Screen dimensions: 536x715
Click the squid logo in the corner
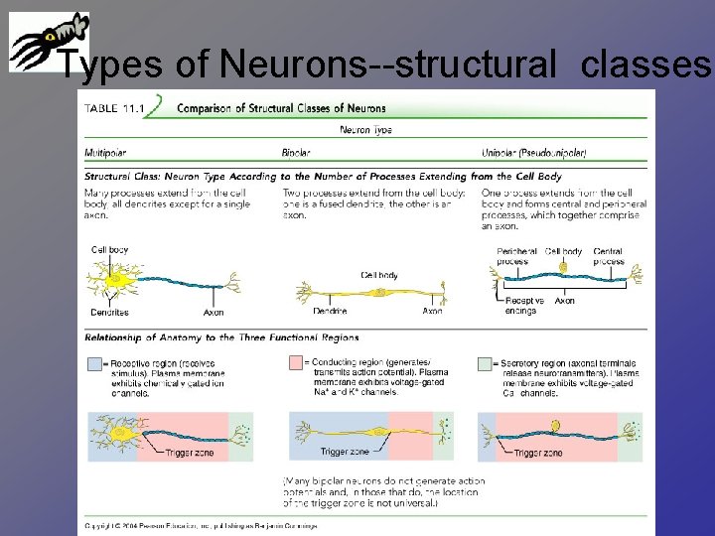47,42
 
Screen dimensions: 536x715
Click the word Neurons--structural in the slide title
389,67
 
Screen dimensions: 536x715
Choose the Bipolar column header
296,153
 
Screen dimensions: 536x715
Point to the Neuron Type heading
365,130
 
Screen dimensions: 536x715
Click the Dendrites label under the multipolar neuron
109,313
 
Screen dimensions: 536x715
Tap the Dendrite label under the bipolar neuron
330,312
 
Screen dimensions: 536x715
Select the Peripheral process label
517,256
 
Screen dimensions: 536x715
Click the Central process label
608,256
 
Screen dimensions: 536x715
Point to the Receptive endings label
524,305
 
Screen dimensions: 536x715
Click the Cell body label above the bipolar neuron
381,275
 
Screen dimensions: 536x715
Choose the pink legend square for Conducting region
295,363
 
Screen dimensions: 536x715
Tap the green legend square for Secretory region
484,363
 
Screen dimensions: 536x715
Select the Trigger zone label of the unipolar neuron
538,454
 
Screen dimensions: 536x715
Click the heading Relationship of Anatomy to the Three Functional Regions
220,337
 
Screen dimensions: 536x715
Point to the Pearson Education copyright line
201,525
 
